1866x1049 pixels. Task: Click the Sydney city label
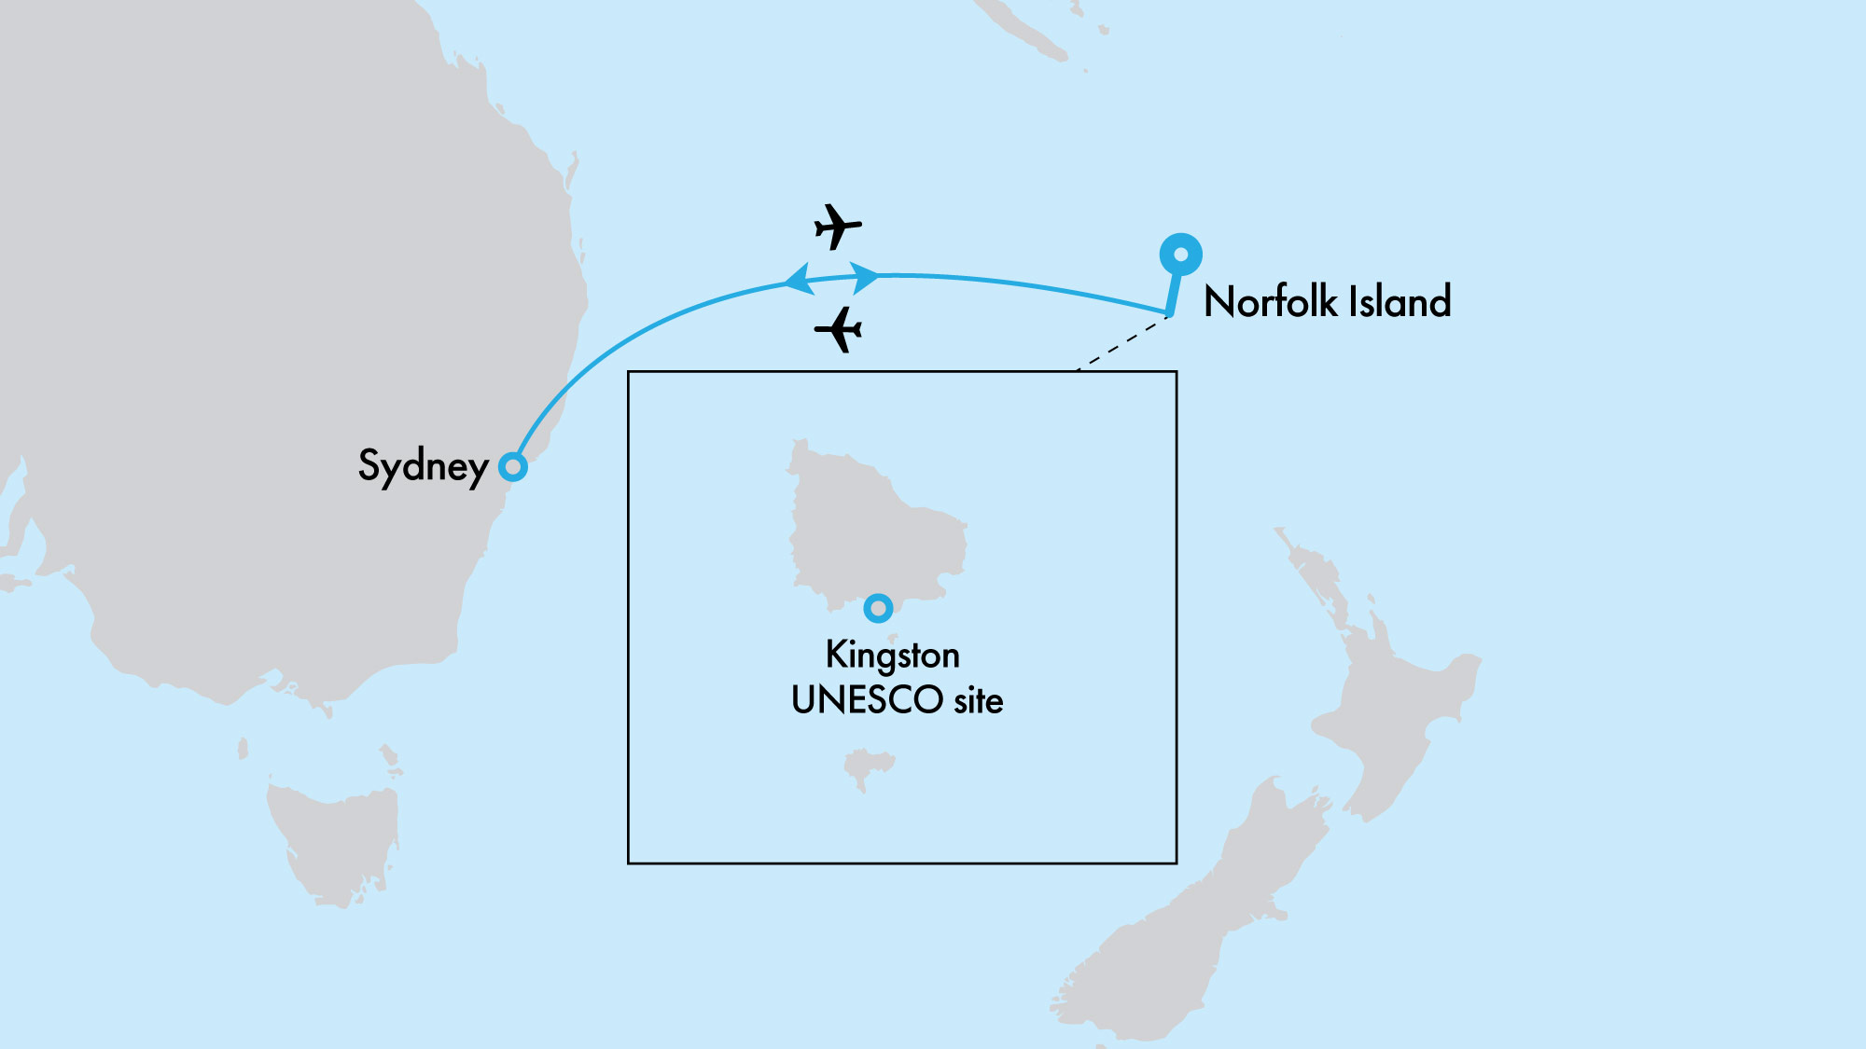click(423, 465)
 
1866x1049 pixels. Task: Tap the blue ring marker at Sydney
click(512, 466)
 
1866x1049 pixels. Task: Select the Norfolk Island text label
click(1327, 302)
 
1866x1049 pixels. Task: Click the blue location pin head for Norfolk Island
click(1180, 255)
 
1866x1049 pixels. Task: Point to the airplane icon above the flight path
click(837, 227)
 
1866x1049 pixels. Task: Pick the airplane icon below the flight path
click(839, 329)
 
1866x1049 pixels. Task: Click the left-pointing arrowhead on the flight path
click(799, 280)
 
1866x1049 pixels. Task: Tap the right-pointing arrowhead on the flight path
click(865, 277)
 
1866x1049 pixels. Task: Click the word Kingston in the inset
click(892, 656)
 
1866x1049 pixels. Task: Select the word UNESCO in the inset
click(867, 700)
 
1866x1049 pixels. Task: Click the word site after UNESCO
click(978, 700)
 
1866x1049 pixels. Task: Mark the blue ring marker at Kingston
click(878, 608)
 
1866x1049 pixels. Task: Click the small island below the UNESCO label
click(867, 767)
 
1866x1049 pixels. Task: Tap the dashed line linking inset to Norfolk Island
click(1122, 343)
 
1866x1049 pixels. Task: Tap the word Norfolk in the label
click(1270, 302)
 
